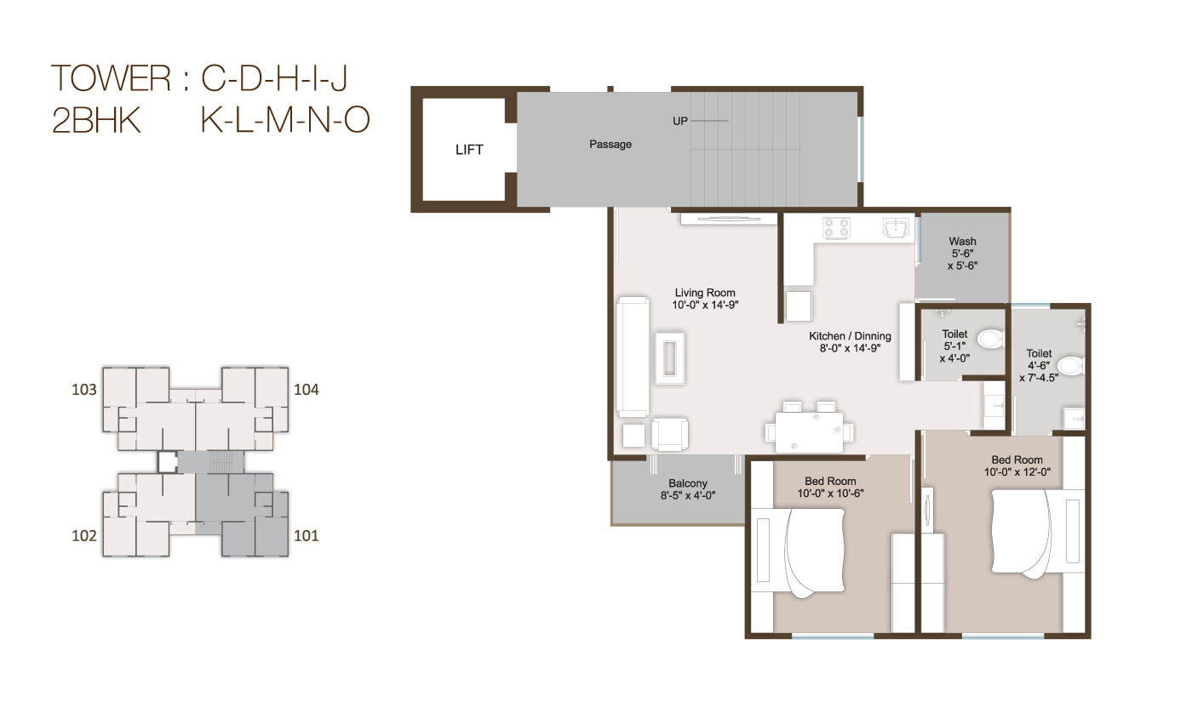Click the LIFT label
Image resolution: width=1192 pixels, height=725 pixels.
(469, 150)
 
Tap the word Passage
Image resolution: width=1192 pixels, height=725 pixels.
(610, 145)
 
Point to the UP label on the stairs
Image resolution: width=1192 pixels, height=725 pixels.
(679, 122)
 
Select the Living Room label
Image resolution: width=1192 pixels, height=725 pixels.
(705, 293)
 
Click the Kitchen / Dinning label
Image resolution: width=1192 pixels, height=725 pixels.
(850, 336)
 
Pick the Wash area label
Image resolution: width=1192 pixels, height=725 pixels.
(963, 242)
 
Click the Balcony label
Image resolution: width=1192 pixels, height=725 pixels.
(688, 483)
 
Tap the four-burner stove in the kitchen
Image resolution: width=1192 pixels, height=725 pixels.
(836, 227)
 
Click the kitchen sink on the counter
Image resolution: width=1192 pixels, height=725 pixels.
(896, 228)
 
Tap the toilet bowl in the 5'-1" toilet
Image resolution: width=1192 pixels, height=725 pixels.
(990, 340)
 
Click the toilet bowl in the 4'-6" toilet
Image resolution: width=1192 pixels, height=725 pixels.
(1069, 366)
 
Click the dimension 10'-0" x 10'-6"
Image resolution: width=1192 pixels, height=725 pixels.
(830, 494)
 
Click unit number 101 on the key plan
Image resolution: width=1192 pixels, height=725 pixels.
(307, 536)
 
